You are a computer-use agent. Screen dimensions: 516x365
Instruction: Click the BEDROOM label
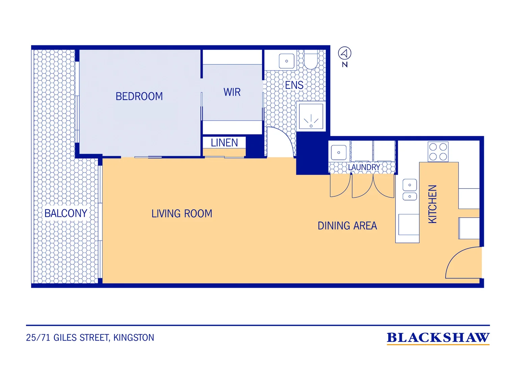[139, 96]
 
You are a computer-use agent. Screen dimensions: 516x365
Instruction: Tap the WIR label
[232, 92]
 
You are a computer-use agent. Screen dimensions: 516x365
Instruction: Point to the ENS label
[294, 85]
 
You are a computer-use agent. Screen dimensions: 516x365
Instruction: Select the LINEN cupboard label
[224, 143]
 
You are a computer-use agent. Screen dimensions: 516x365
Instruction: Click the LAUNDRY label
[364, 167]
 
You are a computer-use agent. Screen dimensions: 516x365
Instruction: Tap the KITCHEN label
[432, 204]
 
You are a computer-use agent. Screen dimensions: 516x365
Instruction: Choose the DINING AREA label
[347, 226]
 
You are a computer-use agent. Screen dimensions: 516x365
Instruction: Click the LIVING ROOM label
[182, 214]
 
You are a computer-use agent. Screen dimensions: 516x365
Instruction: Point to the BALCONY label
[66, 213]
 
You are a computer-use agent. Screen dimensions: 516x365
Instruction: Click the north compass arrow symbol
[344, 53]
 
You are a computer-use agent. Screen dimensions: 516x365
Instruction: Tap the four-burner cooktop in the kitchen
[438, 152]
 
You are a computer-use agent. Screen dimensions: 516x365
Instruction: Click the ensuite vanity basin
[287, 61]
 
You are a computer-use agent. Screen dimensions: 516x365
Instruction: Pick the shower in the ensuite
[311, 116]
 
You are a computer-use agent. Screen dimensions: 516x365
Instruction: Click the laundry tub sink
[339, 152]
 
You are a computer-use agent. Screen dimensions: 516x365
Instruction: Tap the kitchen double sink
[410, 190]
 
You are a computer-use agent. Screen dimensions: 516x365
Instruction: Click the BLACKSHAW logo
[438, 338]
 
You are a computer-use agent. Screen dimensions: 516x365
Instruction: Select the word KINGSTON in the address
[134, 338]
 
